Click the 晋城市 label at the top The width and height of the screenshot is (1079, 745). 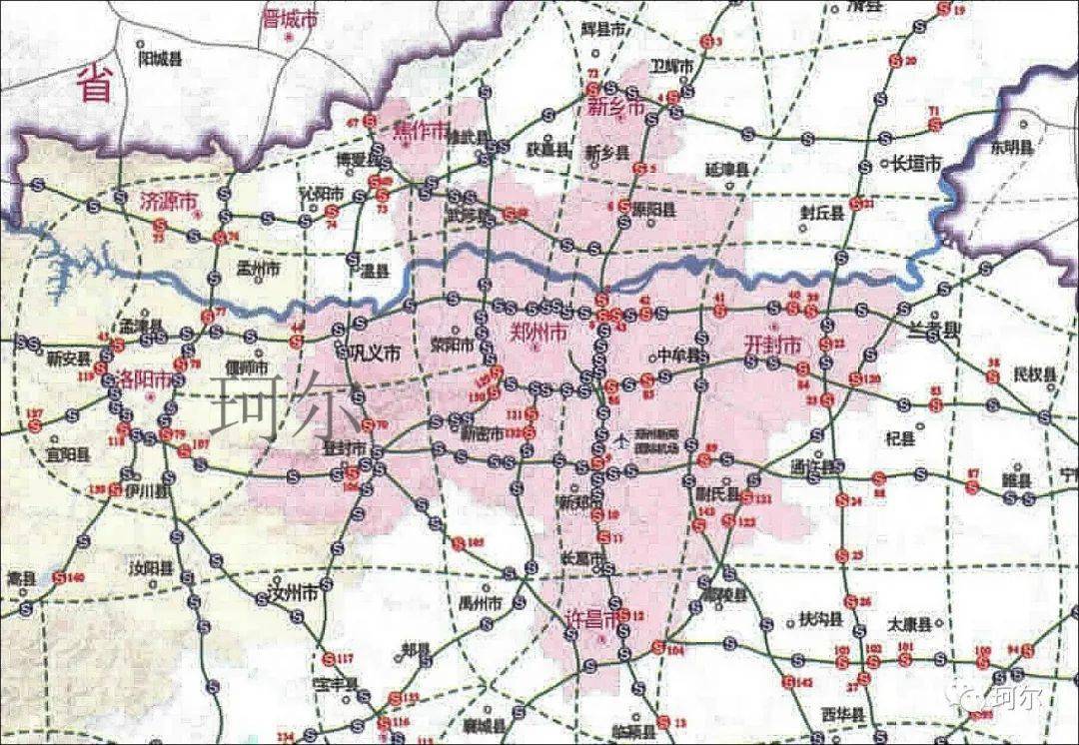point(288,18)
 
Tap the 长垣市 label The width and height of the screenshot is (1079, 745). point(916,162)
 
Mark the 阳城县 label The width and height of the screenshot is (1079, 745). point(160,59)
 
